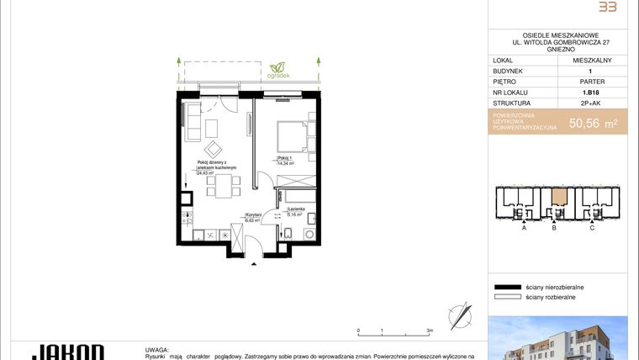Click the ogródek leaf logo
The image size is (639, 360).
tap(277, 66)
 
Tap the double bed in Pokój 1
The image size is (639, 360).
tap(289, 136)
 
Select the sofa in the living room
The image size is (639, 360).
tap(193, 120)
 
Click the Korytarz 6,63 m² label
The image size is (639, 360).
tap(255, 218)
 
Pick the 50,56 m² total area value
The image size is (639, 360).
tap(594, 123)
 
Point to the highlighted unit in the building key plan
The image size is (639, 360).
tap(558, 199)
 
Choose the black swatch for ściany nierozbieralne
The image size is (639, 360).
tap(507, 287)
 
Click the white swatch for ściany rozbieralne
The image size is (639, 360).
tap(507, 297)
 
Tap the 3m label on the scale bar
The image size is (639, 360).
tap(430, 331)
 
